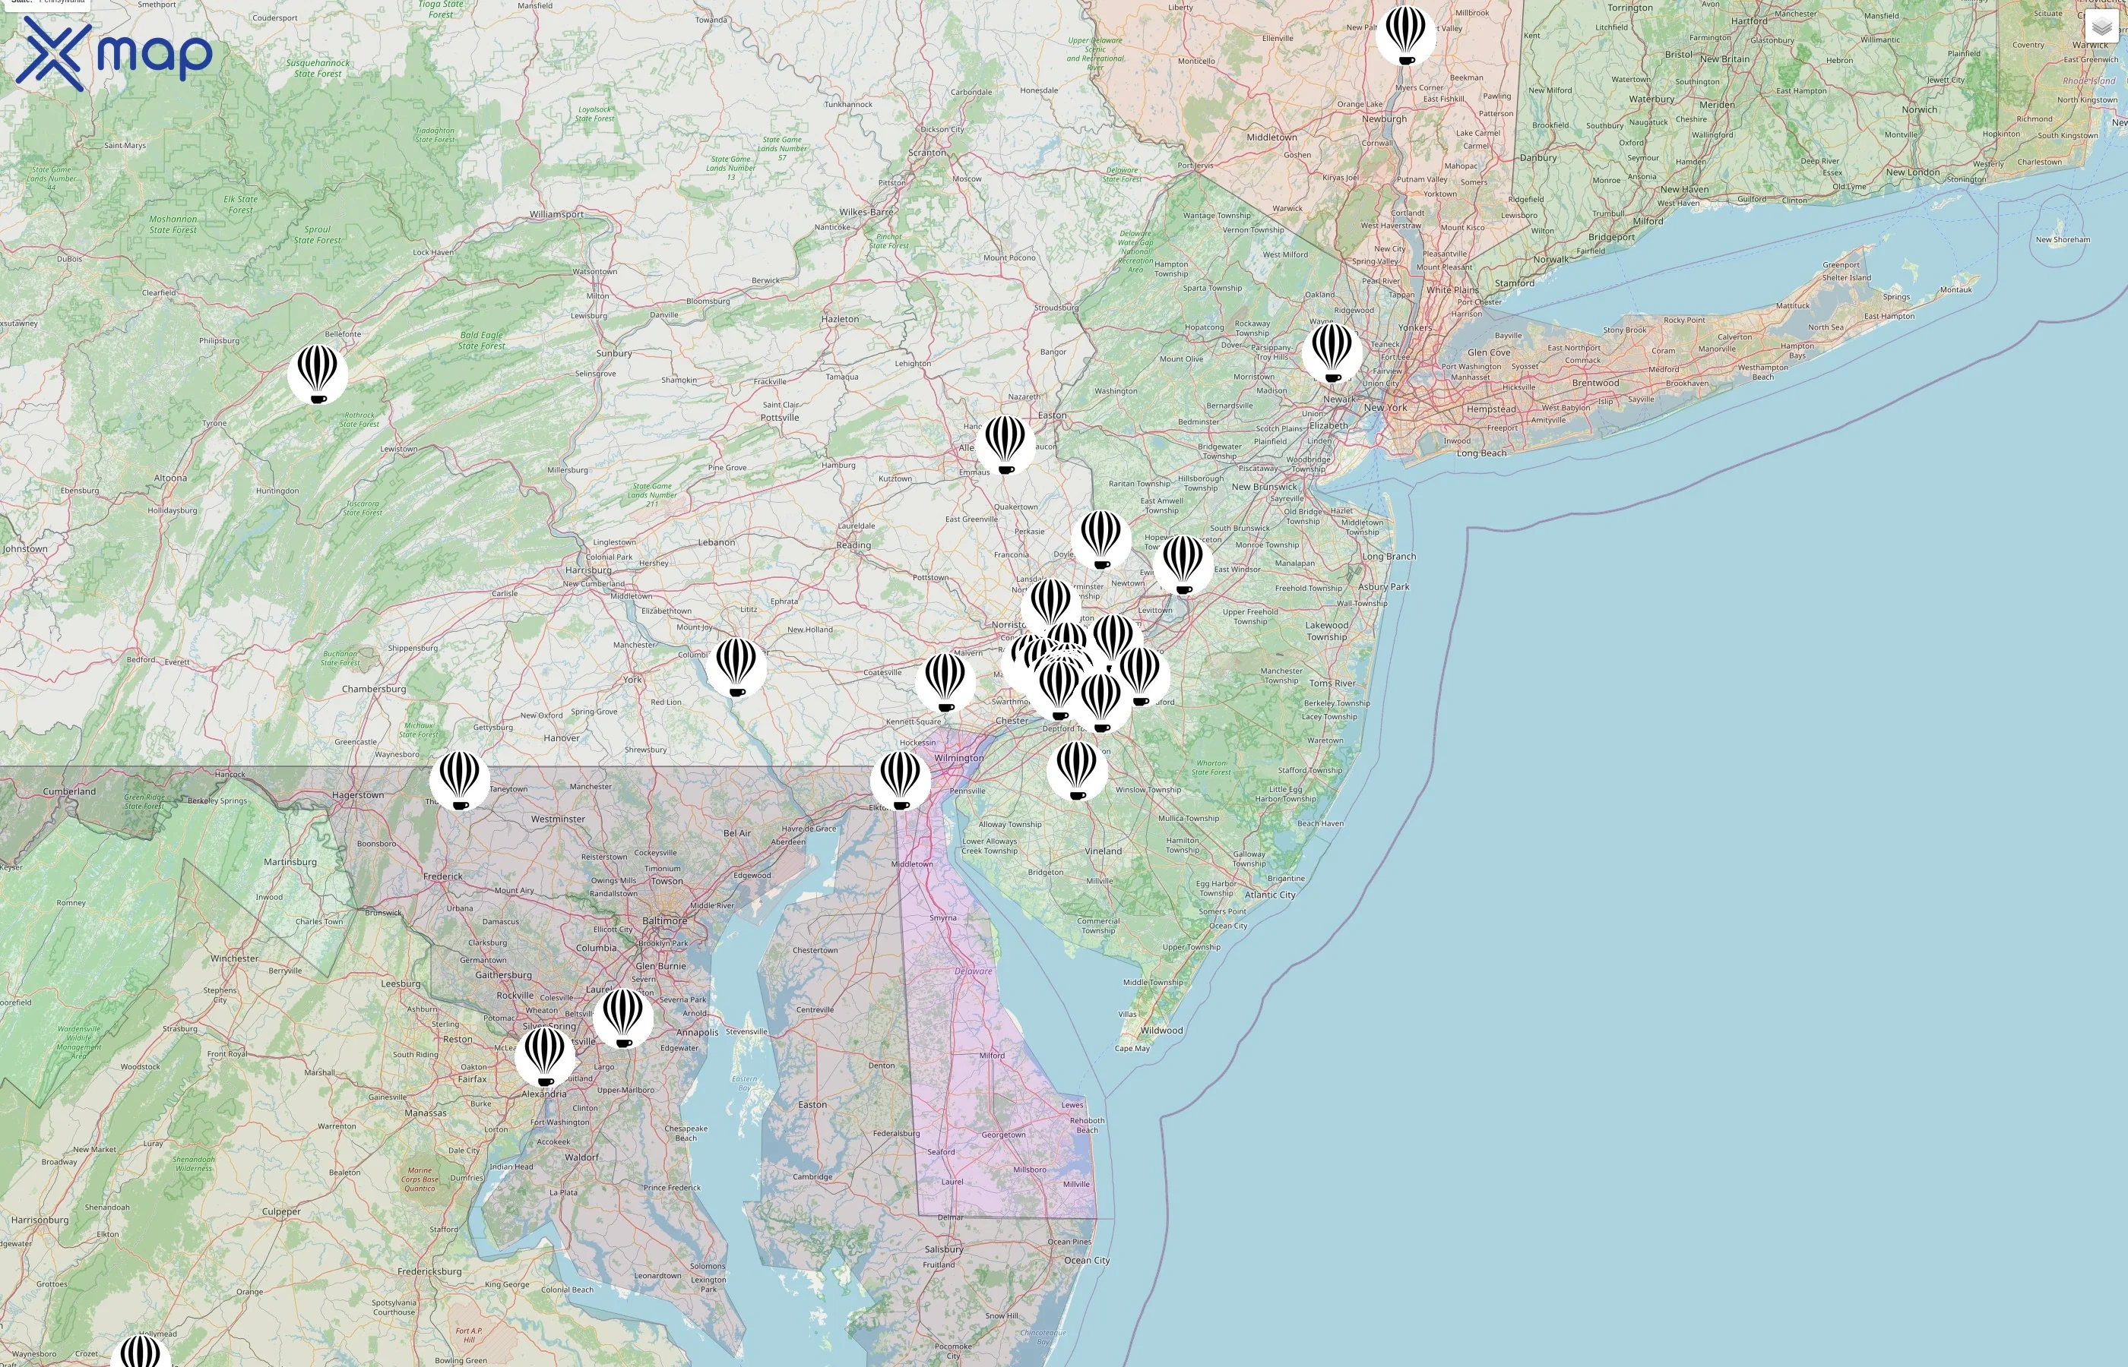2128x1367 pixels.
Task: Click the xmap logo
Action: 114,53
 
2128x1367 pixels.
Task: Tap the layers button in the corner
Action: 2101,27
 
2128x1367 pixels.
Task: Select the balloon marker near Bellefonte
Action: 318,374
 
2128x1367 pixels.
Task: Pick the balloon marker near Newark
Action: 1332,352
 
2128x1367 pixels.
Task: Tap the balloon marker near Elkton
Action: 901,780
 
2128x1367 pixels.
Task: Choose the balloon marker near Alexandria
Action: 546,1056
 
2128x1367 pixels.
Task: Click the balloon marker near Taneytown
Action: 460,780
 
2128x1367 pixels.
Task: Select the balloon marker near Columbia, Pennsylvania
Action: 736,667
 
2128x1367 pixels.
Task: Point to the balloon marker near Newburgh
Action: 1406,36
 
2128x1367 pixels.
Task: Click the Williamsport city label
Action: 557,214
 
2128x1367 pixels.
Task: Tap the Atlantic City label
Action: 1270,895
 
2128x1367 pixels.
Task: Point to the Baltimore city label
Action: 664,920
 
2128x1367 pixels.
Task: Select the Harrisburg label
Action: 588,570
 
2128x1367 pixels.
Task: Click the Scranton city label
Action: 927,153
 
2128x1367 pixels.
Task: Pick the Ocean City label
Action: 1087,1261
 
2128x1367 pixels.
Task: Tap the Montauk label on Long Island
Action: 1955,289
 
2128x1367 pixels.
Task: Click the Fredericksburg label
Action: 430,1271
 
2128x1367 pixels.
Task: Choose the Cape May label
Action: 1132,1048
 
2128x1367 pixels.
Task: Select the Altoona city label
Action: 170,478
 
